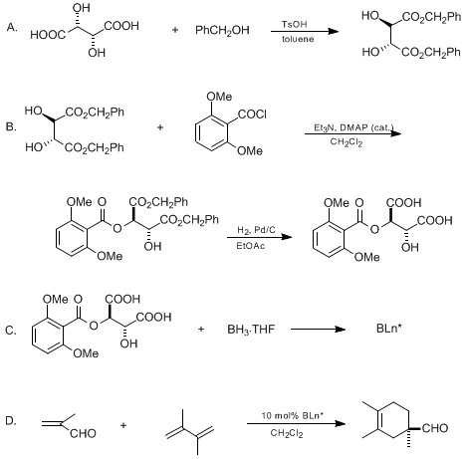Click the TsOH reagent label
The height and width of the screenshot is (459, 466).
[295, 24]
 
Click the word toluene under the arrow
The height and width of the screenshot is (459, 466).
[298, 39]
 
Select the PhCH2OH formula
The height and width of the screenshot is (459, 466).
[222, 31]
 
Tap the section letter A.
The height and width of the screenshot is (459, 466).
[12, 27]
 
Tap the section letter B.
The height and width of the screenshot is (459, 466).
[12, 126]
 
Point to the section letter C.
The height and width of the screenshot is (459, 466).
[11, 331]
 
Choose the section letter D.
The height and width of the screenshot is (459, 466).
[11, 421]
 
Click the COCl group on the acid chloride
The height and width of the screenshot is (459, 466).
[252, 115]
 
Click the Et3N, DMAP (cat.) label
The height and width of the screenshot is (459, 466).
[353, 127]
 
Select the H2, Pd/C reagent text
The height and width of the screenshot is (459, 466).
[256, 230]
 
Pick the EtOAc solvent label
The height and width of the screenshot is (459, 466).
[251, 246]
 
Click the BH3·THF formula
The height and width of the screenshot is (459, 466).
[251, 330]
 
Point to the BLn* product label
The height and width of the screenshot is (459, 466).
[389, 329]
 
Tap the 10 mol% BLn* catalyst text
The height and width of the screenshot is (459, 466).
[292, 415]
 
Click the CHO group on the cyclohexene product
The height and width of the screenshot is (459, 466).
[435, 428]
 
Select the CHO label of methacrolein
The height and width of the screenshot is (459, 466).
[83, 433]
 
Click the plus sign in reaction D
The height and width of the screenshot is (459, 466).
[123, 425]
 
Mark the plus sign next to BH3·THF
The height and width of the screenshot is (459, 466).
[201, 330]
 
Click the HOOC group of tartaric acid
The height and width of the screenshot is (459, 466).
[48, 35]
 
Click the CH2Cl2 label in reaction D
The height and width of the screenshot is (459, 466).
[287, 433]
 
